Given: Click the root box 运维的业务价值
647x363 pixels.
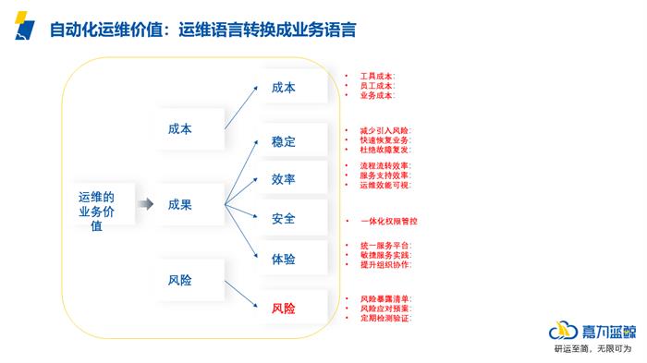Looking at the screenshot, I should point(97,211).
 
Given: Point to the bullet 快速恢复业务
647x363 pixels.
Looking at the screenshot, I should point(379,139).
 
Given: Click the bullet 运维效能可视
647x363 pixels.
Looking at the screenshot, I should point(379,185).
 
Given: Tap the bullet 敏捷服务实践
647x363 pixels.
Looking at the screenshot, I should point(379,254).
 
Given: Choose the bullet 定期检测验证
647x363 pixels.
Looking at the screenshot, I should point(379,318).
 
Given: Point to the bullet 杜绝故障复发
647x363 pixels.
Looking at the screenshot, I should point(379,149).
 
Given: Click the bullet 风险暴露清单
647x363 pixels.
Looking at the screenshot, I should point(379,298).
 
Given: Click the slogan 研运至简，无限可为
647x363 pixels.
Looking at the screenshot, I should point(592,349).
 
